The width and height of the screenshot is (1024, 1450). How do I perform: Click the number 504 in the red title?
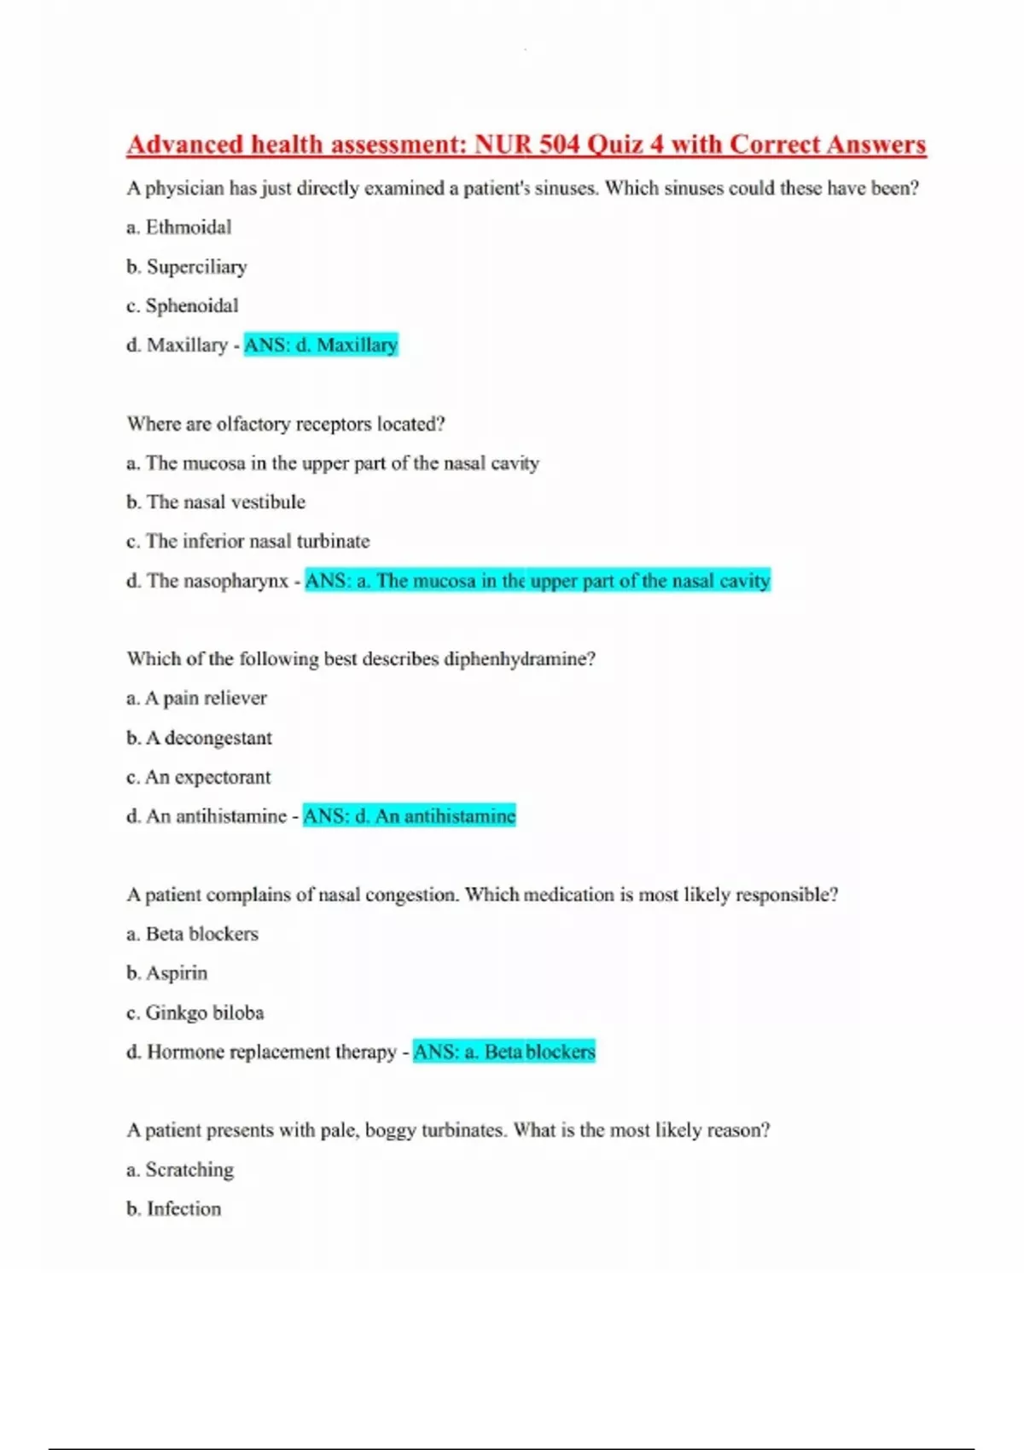(x=559, y=144)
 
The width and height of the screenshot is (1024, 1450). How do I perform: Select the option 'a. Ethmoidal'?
(x=178, y=227)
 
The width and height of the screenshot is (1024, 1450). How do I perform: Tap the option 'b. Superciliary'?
(x=186, y=267)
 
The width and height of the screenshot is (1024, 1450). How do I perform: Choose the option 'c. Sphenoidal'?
(x=182, y=305)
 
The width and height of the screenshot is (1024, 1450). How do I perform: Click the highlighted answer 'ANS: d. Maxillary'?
(x=321, y=345)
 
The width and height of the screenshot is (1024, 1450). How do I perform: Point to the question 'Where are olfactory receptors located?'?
(x=286, y=424)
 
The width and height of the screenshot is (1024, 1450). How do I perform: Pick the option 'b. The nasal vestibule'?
(x=215, y=502)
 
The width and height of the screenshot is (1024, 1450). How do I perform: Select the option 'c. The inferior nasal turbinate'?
(x=247, y=541)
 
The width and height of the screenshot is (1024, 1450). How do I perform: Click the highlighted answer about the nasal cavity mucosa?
(x=538, y=581)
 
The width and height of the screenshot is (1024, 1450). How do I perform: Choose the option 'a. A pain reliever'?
(x=196, y=698)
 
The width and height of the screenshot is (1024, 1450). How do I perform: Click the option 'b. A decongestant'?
(x=199, y=738)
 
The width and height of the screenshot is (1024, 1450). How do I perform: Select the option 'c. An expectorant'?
(x=198, y=777)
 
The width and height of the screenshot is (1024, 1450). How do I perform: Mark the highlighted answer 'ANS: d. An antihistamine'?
(x=410, y=816)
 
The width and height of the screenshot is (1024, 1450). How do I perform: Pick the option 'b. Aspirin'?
(x=166, y=973)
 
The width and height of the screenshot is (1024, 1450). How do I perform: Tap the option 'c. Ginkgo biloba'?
(x=195, y=1012)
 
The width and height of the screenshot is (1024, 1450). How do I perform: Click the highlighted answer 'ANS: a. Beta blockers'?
(x=503, y=1052)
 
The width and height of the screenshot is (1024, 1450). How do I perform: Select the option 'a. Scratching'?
(x=179, y=1169)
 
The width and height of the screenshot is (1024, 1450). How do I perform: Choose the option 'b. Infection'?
(x=173, y=1209)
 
